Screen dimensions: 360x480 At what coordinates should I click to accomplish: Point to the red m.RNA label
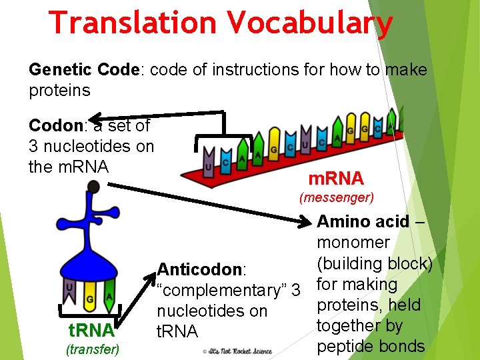[335, 179]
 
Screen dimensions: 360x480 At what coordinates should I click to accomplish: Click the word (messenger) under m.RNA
[337, 197]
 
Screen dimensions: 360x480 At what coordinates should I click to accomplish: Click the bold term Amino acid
[363, 221]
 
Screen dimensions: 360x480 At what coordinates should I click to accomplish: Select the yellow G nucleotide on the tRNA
[90, 297]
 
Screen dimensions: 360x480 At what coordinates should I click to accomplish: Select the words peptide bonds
[371, 346]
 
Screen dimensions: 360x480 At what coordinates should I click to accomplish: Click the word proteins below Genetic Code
[59, 90]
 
